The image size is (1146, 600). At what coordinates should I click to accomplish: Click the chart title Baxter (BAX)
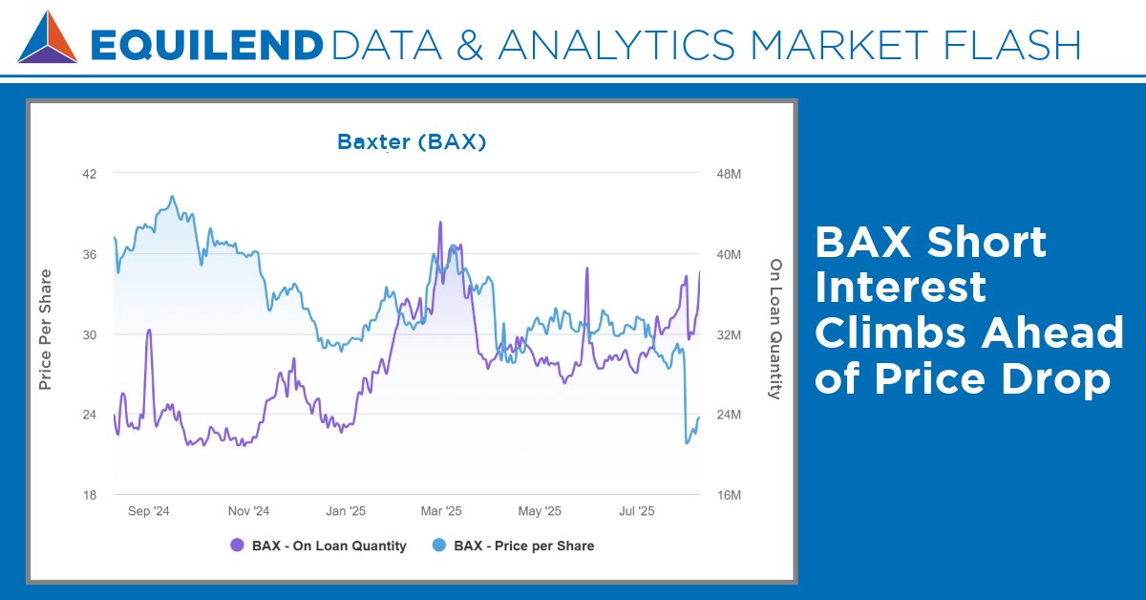tap(412, 142)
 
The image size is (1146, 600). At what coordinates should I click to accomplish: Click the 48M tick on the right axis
tap(729, 174)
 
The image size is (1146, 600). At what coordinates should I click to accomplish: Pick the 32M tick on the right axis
tap(729, 334)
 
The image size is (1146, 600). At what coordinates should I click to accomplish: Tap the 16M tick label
tap(729, 495)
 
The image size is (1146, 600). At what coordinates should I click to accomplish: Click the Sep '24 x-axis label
tap(148, 512)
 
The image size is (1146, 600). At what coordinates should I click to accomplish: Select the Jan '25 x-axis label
tap(345, 512)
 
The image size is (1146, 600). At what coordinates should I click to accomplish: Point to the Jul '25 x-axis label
tap(637, 512)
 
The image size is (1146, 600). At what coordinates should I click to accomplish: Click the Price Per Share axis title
tap(45, 330)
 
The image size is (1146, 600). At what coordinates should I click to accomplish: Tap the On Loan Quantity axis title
tap(775, 330)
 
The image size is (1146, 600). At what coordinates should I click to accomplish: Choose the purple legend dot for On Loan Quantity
tap(238, 546)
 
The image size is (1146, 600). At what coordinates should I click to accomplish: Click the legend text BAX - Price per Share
tap(523, 546)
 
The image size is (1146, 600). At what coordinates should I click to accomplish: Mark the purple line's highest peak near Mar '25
tap(440, 223)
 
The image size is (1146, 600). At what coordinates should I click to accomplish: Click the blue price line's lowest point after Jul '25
tap(688, 442)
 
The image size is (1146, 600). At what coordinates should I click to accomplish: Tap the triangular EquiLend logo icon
tap(47, 37)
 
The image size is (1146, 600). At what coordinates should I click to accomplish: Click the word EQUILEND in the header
tap(205, 44)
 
